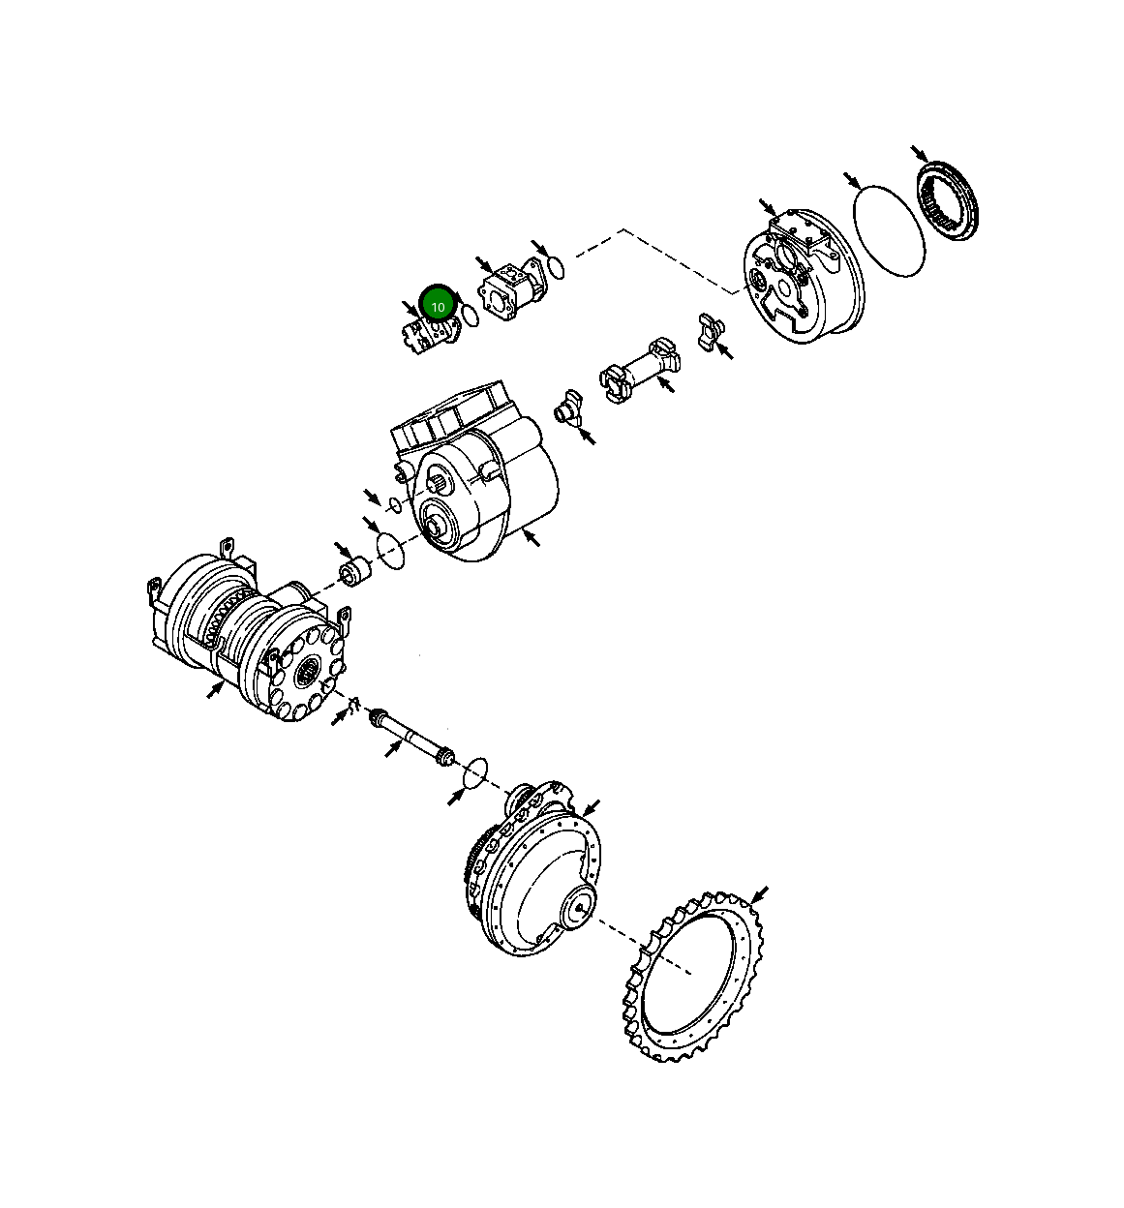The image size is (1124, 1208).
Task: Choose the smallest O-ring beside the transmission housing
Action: click(394, 504)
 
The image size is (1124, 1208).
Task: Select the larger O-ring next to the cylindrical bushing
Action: click(390, 550)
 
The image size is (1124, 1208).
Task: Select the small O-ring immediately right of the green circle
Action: click(470, 315)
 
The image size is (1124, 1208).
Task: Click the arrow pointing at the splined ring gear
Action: click(921, 154)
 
